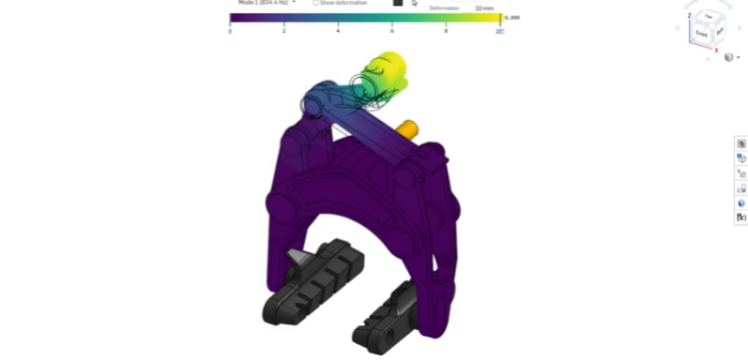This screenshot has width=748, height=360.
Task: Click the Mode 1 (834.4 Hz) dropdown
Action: click(x=267, y=3)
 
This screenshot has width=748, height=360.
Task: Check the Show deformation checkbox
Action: click(x=316, y=3)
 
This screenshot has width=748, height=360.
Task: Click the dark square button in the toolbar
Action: click(x=398, y=3)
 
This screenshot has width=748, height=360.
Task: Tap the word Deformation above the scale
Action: click(x=444, y=8)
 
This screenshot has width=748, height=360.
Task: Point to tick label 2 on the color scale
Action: click(x=285, y=32)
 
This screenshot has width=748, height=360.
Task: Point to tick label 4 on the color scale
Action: click(x=339, y=32)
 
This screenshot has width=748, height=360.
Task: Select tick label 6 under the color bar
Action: click(x=393, y=32)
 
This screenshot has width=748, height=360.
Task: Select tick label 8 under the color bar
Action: click(x=446, y=32)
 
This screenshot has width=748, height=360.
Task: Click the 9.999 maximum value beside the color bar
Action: click(x=513, y=18)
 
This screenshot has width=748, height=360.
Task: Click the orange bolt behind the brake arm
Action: click(x=409, y=128)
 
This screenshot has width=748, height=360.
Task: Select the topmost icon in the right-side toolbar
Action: click(x=741, y=144)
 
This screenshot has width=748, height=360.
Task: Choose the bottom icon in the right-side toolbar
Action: click(x=741, y=216)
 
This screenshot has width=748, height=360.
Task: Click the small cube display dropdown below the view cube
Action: click(x=731, y=58)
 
